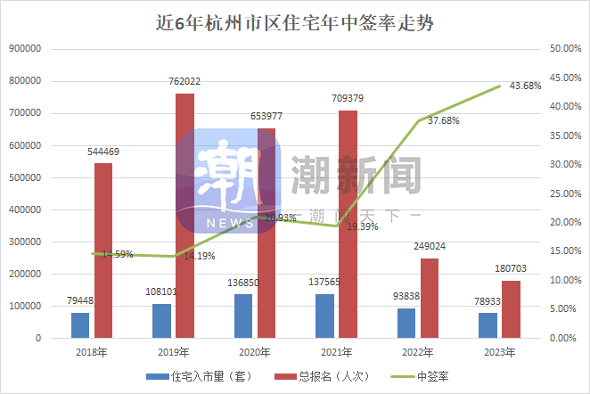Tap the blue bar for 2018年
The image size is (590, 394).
pyautogui.click(x=80, y=325)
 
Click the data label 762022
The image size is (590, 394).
pyautogui.click(x=184, y=82)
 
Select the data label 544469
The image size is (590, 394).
pyautogui.click(x=103, y=152)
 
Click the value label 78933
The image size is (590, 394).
pyautogui.click(x=487, y=302)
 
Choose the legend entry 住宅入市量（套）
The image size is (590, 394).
pyautogui.click(x=198, y=375)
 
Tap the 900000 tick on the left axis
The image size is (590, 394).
pyautogui.click(x=26, y=49)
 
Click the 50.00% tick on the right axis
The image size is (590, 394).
pyautogui.click(x=566, y=49)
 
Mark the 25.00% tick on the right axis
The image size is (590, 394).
pyautogui.click(x=566, y=194)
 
